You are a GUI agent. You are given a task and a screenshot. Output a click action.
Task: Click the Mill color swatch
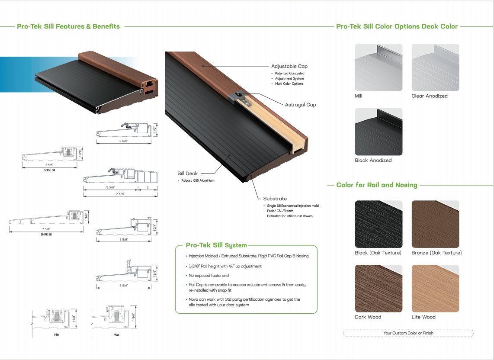pyautogui.click(x=379, y=67)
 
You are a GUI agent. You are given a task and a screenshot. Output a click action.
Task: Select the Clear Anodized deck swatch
pyautogui.click(x=435, y=67)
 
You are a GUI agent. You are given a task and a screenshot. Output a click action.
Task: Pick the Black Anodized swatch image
pyautogui.click(x=379, y=132)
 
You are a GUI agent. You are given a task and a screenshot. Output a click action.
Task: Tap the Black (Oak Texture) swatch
pyautogui.click(x=379, y=224)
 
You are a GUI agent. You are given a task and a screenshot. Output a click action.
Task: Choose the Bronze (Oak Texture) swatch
pyautogui.click(x=435, y=224)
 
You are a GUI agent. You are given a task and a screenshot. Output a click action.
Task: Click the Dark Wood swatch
pyautogui.click(x=379, y=289)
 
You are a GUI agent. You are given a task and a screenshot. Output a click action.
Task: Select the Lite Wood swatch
pyautogui.click(x=435, y=289)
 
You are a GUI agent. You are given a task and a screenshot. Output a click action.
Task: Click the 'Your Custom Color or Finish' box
pyautogui.click(x=408, y=333)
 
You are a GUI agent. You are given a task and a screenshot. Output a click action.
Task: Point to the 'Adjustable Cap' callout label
pyautogui.click(x=289, y=66)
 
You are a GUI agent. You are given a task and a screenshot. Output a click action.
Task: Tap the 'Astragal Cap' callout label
pyautogui.click(x=300, y=105)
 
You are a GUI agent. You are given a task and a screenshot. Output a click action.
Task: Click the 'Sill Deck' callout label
pyautogui.click(x=187, y=174)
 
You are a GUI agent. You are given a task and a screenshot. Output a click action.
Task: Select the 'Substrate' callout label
pyautogui.click(x=275, y=199)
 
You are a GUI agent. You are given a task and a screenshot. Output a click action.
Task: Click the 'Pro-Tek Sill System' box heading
pyautogui.click(x=216, y=245)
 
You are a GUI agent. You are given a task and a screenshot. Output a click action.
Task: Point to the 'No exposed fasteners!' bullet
pyautogui.click(x=209, y=276)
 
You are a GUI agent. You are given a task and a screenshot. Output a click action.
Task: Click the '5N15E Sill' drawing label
pyautogui.click(x=49, y=170)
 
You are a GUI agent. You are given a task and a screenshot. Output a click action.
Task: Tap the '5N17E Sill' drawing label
pyautogui.click(x=46, y=235)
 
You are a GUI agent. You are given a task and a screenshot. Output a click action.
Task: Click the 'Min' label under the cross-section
pyautogui.click(x=56, y=334)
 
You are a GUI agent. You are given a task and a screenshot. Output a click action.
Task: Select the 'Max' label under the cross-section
pyautogui.click(x=116, y=334)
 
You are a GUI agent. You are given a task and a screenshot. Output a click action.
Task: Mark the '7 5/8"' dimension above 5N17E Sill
pyautogui.click(x=46, y=229)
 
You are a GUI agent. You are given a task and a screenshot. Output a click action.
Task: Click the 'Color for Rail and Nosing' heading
pyautogui.click(x=377, y=185)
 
